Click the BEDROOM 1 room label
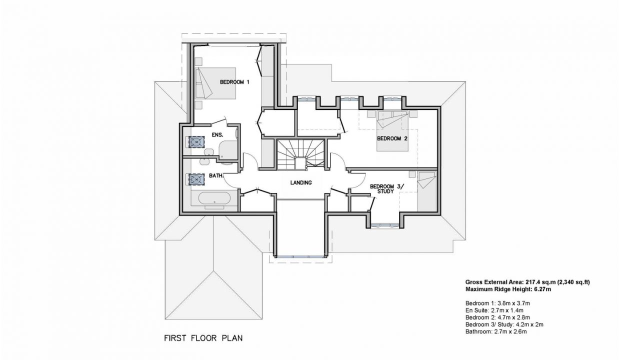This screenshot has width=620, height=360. click(x=234, y=82)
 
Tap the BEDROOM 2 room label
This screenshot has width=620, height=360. click(x=392, y=138)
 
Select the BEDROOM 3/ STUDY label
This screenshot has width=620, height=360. click(x=387, y=188)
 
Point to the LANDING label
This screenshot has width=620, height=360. click(x=301, y=182)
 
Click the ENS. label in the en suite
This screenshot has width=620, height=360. click(x=217, y=135)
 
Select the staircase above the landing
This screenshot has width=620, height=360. click(x=300, y=154)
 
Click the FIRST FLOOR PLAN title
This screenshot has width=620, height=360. click(x=203, y=338)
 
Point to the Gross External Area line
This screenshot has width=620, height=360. click(x=527, y=282)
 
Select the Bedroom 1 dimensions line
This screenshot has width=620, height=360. click(x=497, y=303)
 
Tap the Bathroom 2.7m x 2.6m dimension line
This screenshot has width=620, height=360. click(x=496, y=331)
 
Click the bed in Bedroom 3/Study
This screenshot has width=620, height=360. click(x=426, y=191)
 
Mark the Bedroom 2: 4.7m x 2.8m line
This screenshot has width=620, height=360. click(x=497, y=317)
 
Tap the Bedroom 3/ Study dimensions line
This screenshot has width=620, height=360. click(x=504, y=324)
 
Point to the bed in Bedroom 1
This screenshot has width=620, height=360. click(x=215, y=83)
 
